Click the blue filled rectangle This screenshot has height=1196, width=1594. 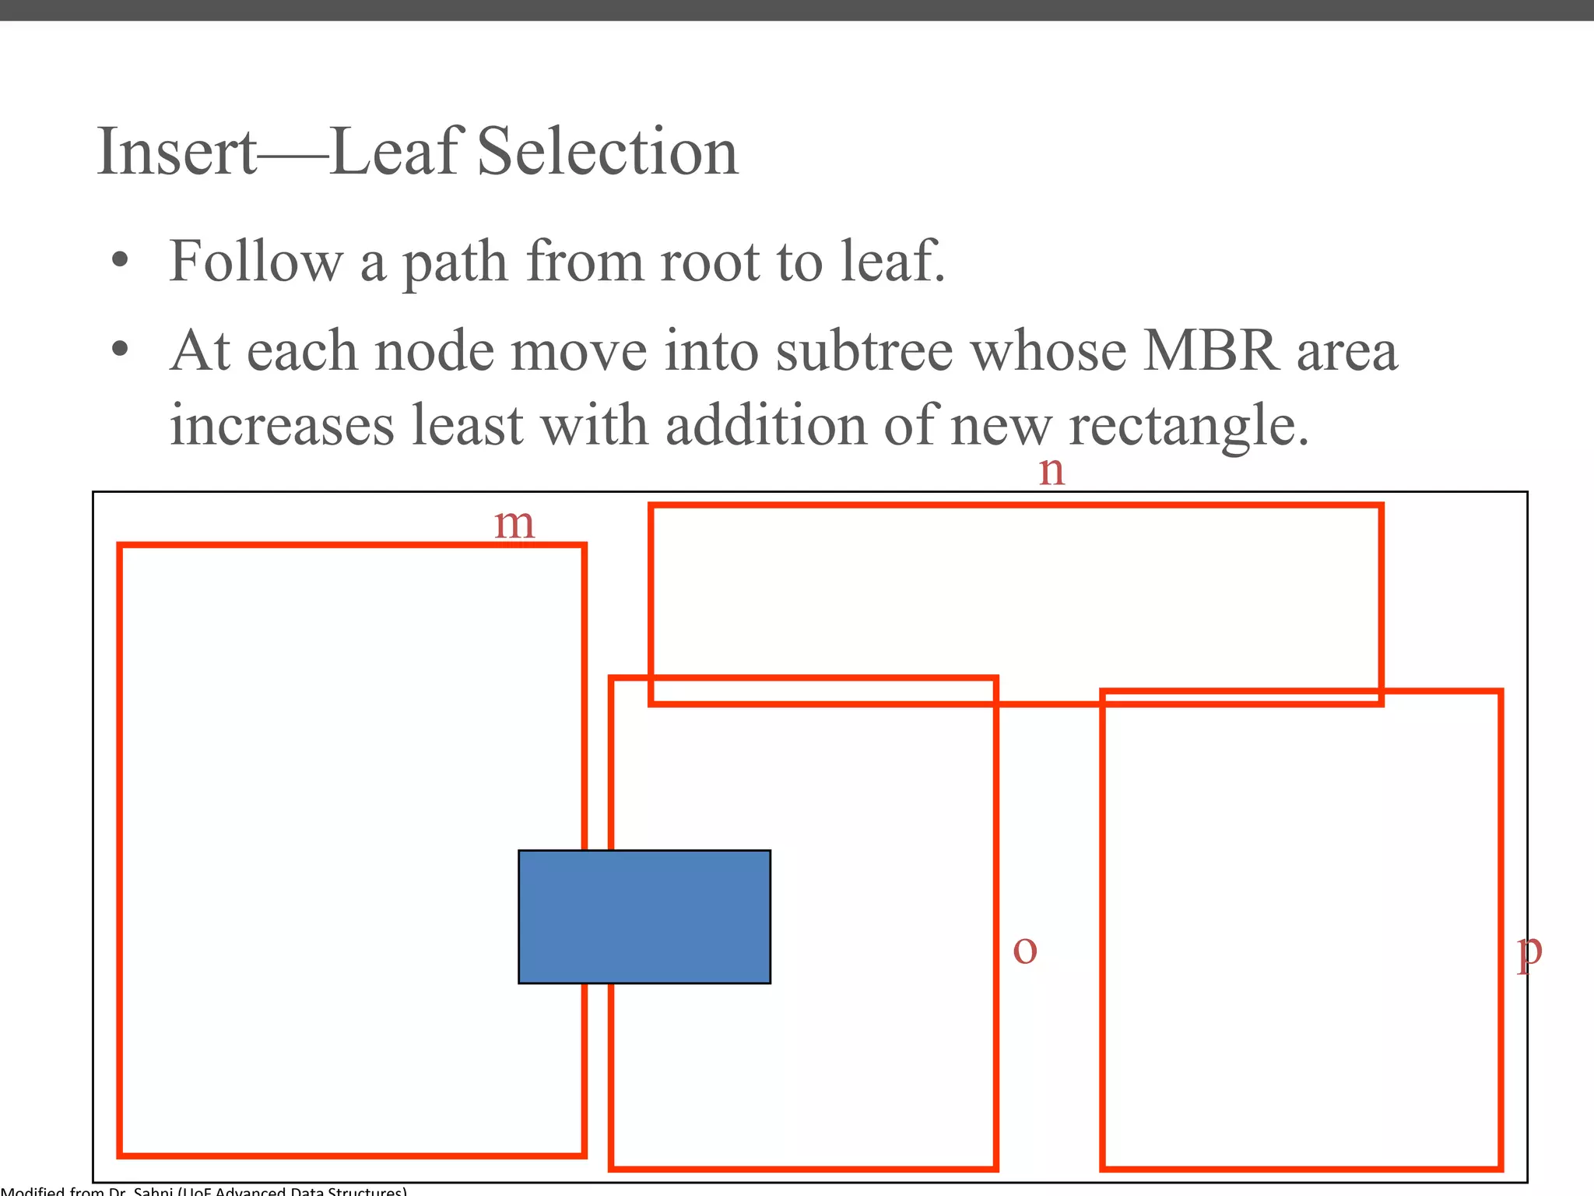click(644, 916)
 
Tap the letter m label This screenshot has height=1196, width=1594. click(514, 524)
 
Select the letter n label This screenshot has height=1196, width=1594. click(1052, 471)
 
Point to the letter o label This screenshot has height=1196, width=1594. click(1025, 949)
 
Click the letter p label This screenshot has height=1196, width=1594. click(1529, 952)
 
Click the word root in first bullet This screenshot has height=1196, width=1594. click(709, 262)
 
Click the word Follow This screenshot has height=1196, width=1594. click(256, 262)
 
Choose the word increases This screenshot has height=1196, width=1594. click(282, 426)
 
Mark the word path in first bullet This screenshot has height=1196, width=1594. click(455, 263)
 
